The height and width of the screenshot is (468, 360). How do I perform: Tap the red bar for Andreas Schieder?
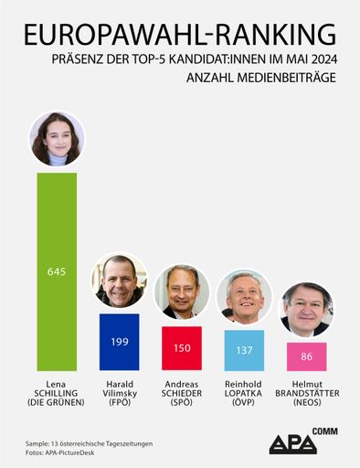click(x=182, y=347)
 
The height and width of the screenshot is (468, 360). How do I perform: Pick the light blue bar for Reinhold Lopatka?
click(x=244, y=349)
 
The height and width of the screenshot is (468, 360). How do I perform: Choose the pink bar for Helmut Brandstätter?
click(x=306, y=356)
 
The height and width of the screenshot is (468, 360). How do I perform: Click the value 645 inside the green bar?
click(x=57, y=271)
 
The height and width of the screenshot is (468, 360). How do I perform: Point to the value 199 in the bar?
click(x=119, y=341)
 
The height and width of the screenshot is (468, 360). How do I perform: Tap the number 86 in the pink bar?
click(x=306, y=356)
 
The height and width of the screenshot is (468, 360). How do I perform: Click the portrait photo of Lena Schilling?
click(x=57, y=139)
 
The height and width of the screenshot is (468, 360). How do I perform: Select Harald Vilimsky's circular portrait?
click(x=119, y=281)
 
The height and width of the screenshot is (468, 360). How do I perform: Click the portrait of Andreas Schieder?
click(x=182, y=292)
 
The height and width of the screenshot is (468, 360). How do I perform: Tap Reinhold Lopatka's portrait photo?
click(x=244, y=296)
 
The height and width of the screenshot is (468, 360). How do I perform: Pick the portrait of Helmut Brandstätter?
click(x=306, y=308)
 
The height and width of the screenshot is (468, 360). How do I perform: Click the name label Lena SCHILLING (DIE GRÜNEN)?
click(x=57, y=392)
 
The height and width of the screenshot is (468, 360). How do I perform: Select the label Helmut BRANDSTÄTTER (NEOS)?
click(x=306, y=392)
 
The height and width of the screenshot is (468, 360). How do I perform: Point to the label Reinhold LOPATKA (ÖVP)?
click(x=244, y=392)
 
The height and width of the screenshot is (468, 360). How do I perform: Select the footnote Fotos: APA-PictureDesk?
click(x=63, y=452)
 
